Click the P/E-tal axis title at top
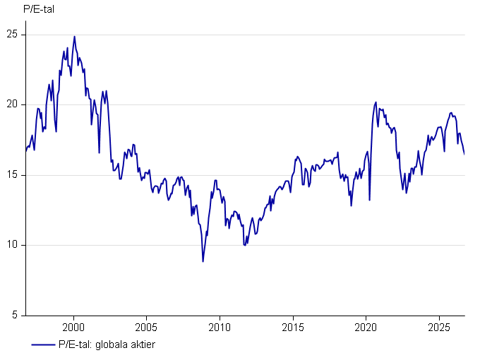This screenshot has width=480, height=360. (x=39, y=9)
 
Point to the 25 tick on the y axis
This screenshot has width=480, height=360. (x=12, y=34)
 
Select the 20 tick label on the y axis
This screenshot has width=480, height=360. (x=12, y=104)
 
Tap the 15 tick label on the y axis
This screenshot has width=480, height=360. (x=12, y=174)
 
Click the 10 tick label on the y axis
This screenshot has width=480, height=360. (x=12, y=245)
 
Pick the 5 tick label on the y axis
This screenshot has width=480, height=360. (x=15, y=315)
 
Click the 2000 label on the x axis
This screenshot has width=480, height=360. (x=73, y=328)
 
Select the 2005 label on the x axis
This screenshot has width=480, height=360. (x=146, y=328)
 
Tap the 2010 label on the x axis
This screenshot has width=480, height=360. (x=220, y=328)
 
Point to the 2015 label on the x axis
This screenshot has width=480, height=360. (x=293, y=328)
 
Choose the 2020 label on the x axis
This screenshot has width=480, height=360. (x=366, y=328)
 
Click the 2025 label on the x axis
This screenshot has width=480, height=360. (x=439, y=328)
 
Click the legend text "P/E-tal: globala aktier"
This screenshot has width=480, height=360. (x=107, y=344)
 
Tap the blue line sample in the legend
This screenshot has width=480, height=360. (x=43, y=345)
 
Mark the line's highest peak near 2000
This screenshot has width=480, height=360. (x=74, y=37)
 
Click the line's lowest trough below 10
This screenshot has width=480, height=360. (x=203, y=261)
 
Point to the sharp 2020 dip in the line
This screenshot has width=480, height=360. (x=369, y=200)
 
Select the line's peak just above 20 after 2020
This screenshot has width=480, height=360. (x=376, y=102)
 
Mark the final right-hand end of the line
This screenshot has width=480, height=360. (x=464, y=154)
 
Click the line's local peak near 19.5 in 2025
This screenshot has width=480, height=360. (x=451, y=113)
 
